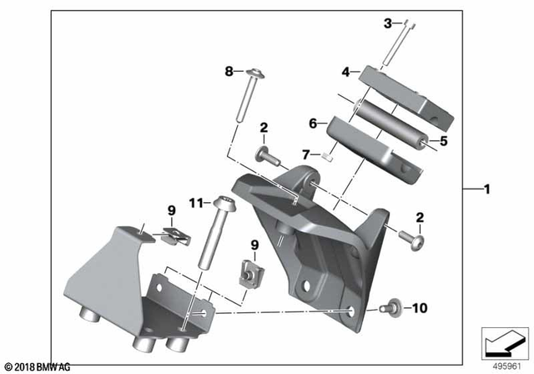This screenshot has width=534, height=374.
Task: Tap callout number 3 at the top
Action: pos(388,23)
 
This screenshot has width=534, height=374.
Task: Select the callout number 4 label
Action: pos(345,73)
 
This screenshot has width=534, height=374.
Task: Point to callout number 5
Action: pos(443,142)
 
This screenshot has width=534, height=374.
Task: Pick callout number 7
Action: pos(307,154)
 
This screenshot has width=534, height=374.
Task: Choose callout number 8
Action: pos(229,73)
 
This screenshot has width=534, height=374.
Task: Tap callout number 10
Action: pos(419,308)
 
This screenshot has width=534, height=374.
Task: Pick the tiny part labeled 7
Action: pos(329,154)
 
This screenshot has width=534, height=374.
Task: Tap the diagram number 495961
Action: pos(505,366)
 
